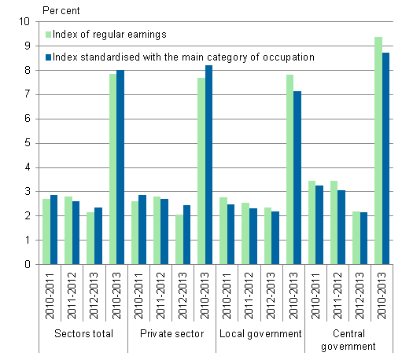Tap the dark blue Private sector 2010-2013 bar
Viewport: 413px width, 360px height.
click(x=208, y=165)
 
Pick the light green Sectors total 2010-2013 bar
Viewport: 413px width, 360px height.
click(x=112, y=169)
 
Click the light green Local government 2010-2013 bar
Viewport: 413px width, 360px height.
click(x=289, y=170)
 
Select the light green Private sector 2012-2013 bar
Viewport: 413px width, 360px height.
click(x=179, y=240)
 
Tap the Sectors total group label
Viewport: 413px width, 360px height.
click(x=83, y=334)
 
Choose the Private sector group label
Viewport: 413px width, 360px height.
click(x=171, y=334)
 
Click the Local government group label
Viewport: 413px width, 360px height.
click(x=260, y=334)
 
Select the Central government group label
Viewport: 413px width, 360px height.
click(x=348, y=340)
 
